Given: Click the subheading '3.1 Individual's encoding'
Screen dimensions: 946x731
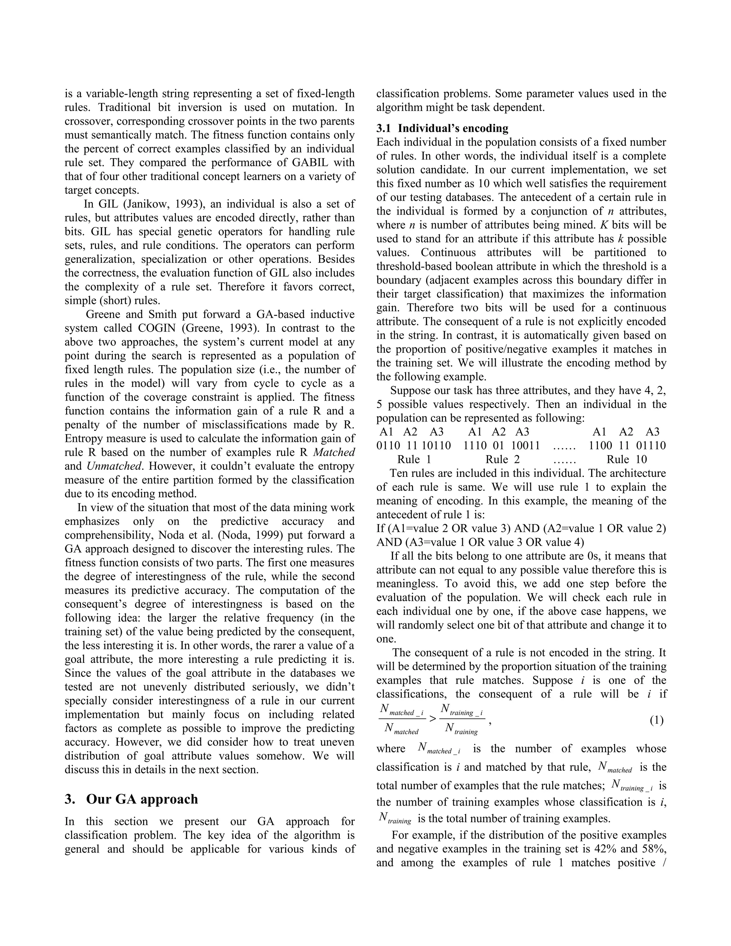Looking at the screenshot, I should click(x=442, y=128).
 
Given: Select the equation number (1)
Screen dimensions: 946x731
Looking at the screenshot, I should click(x=656, y=720).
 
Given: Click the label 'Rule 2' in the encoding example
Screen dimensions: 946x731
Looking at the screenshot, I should click(x=502, y=459).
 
